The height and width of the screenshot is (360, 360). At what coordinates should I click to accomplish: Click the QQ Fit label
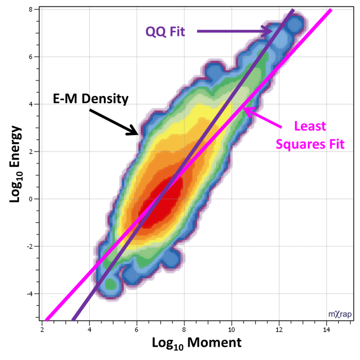click(165, 32)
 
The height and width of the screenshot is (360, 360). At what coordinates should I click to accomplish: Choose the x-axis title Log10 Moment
click(197, 343)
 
